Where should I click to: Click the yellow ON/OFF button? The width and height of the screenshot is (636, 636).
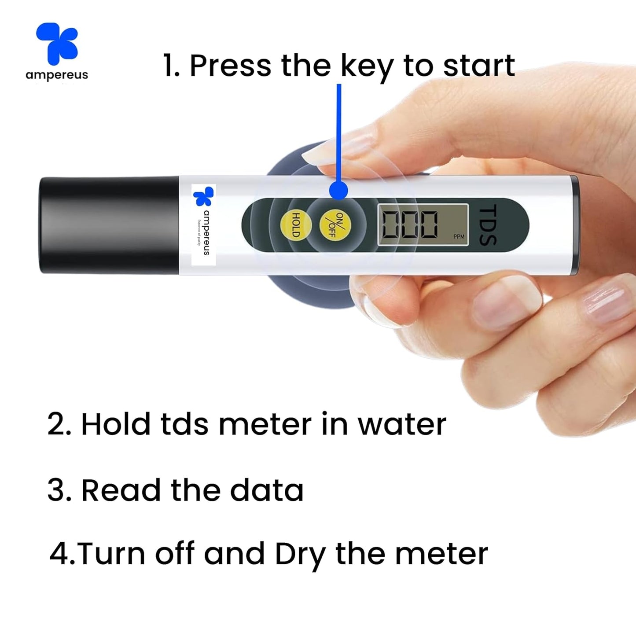[335, 224]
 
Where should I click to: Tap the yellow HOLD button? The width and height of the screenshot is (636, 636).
[296, 224]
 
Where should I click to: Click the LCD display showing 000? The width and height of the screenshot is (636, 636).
[423, 224]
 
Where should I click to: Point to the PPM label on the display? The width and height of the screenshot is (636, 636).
[459, 237]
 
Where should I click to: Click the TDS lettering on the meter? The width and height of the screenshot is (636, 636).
[488, 224]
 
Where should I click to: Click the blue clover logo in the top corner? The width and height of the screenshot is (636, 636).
[58, 43]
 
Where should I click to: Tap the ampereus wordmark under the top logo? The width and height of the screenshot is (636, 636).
[57, 75]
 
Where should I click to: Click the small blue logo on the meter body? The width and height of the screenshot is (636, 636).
[203, 196]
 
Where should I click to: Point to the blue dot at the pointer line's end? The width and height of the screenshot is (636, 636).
[338, 191]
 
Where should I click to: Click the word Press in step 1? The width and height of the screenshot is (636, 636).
[230, 66]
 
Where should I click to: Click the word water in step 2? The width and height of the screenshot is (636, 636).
[401, 425]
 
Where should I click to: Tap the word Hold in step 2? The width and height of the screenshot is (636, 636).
[115, 425]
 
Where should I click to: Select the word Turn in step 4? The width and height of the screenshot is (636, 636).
[112, 554]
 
